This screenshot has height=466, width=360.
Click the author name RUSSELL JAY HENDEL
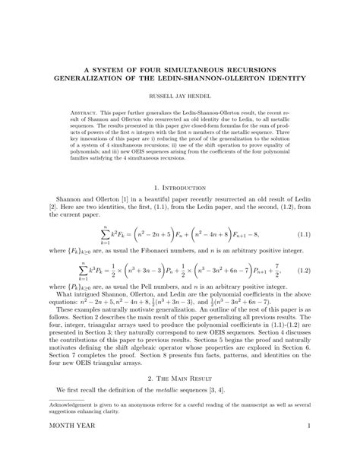[x=179, y=96]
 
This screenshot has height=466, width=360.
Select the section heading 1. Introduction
[x=179, y=186]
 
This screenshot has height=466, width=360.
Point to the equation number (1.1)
[x=306, y=237]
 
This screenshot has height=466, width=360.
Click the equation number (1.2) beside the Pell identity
[x=306, y=270]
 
